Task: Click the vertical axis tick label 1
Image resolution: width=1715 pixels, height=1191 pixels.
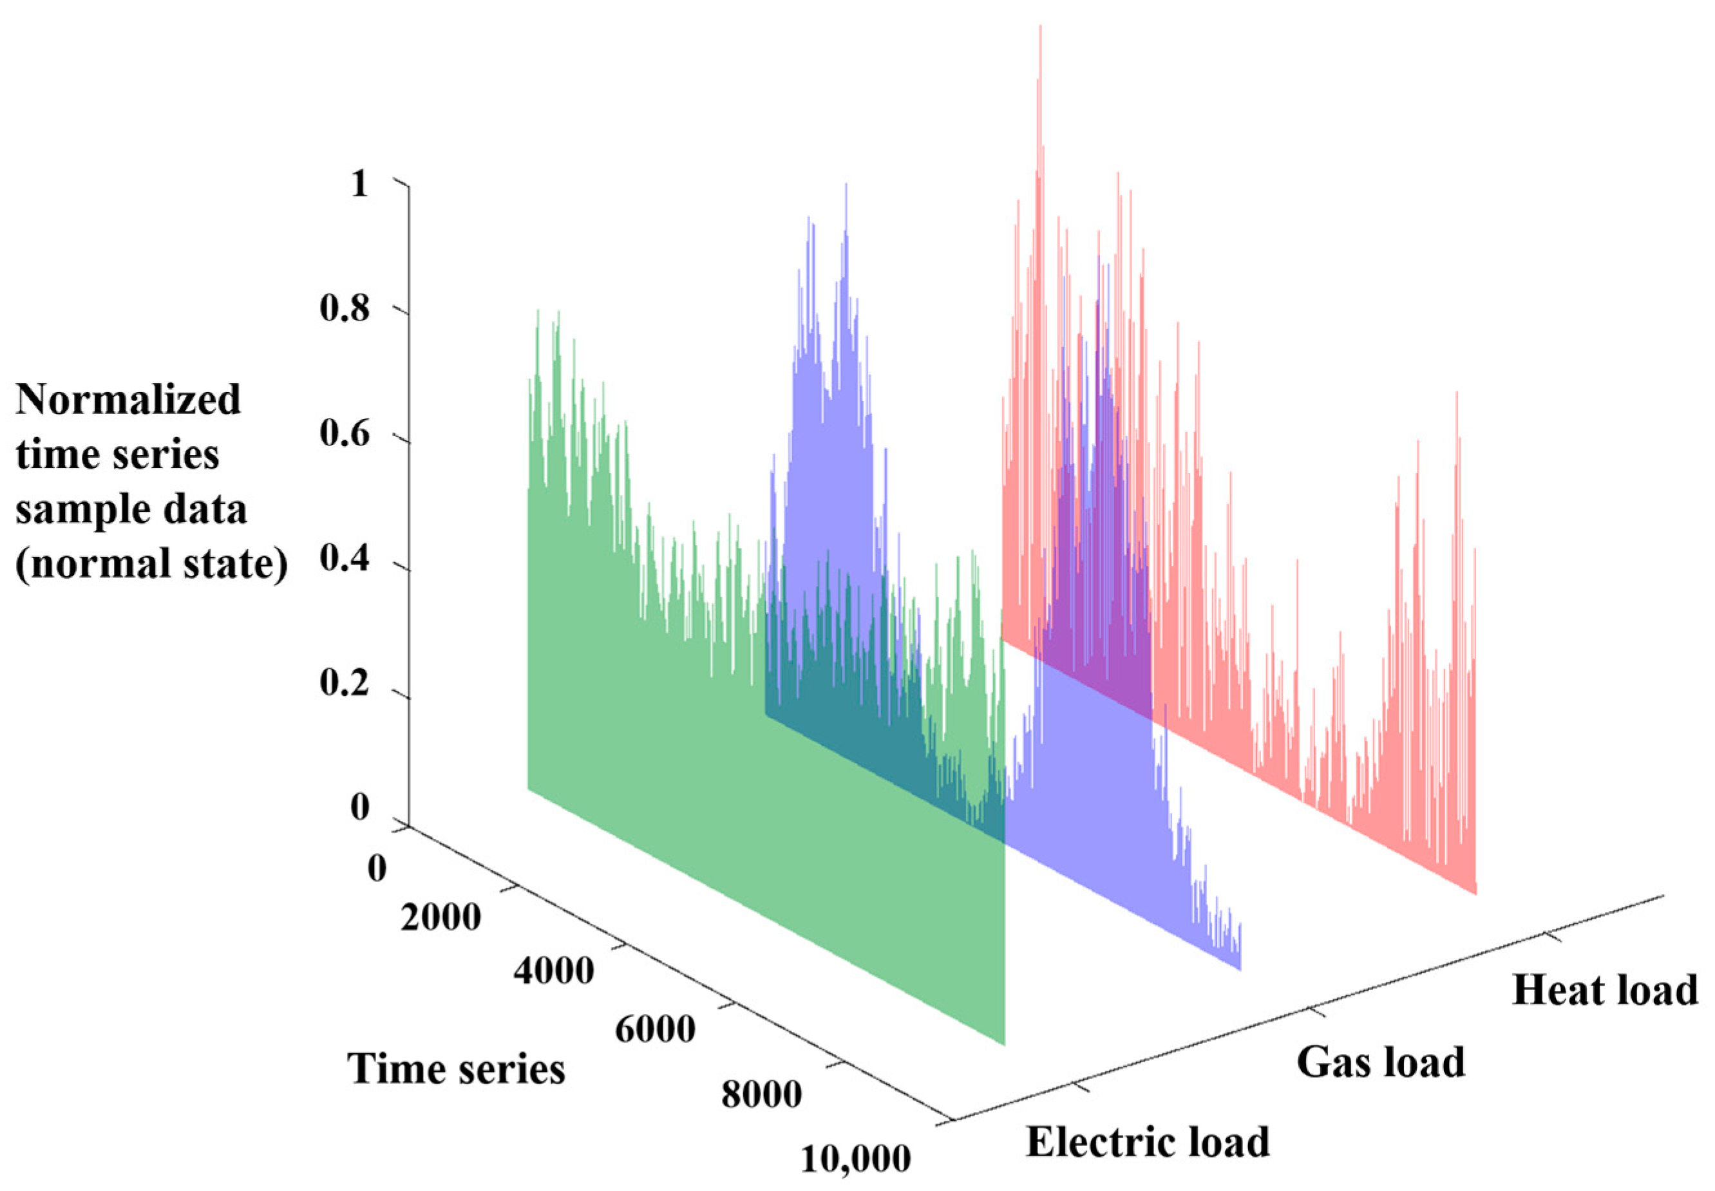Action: tap(360, 183)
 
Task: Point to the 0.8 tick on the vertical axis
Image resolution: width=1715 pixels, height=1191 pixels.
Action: tap(344, 309)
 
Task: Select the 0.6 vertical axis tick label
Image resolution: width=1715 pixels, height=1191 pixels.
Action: tap(344, 435)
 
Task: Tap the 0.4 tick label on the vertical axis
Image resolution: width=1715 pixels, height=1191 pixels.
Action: tap(344, 561)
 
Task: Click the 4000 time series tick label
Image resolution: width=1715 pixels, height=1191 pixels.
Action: tap(553, 971)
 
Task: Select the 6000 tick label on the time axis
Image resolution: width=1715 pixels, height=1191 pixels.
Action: tap(655, 1030)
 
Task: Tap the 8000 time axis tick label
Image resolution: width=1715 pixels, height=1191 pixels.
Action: tap(761, 1094)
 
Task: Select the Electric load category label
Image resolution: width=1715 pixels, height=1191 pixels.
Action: tap(1147, 1141)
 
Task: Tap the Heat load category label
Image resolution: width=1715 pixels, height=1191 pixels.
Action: tap(1604, 990)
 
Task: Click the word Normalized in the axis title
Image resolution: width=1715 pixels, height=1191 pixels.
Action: tap(128, 399)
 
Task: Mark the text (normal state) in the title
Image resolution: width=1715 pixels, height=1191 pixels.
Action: tap(151, 565)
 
